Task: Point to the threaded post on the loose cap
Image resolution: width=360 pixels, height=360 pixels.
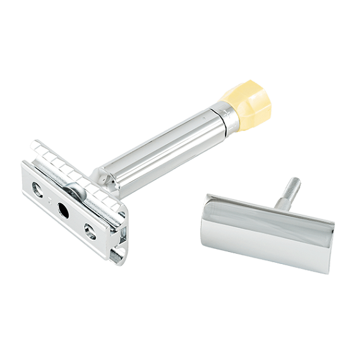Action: (289, 191)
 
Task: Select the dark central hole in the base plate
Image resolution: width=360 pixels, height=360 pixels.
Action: (63, 210)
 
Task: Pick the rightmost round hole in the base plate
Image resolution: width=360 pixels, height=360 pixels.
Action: (90, 232)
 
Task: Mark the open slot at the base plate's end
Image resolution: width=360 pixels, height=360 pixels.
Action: (117, 255)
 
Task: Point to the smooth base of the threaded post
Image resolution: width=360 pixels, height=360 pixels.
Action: (279, 203)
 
